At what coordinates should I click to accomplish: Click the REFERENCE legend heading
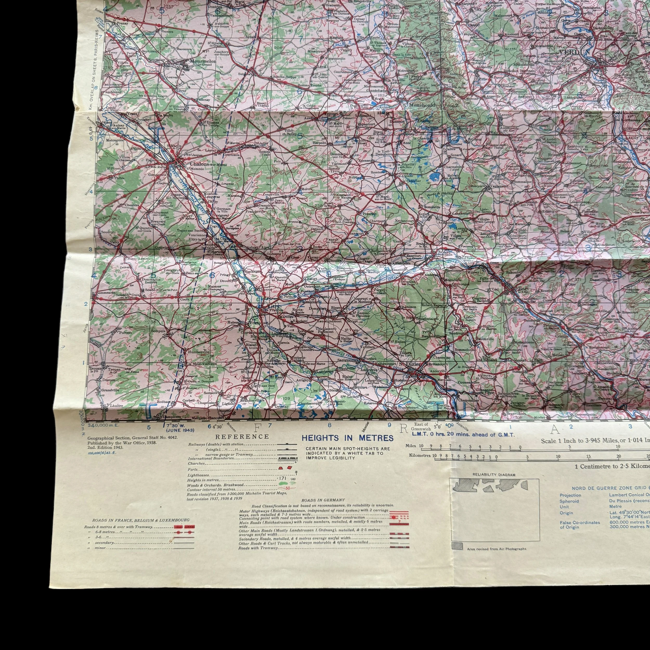click(242, 437)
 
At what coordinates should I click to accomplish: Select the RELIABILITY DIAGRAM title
click(493, 475)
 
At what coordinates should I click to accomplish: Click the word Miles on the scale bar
click(411, 446)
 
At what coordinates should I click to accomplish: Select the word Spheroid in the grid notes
click(569, 501)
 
